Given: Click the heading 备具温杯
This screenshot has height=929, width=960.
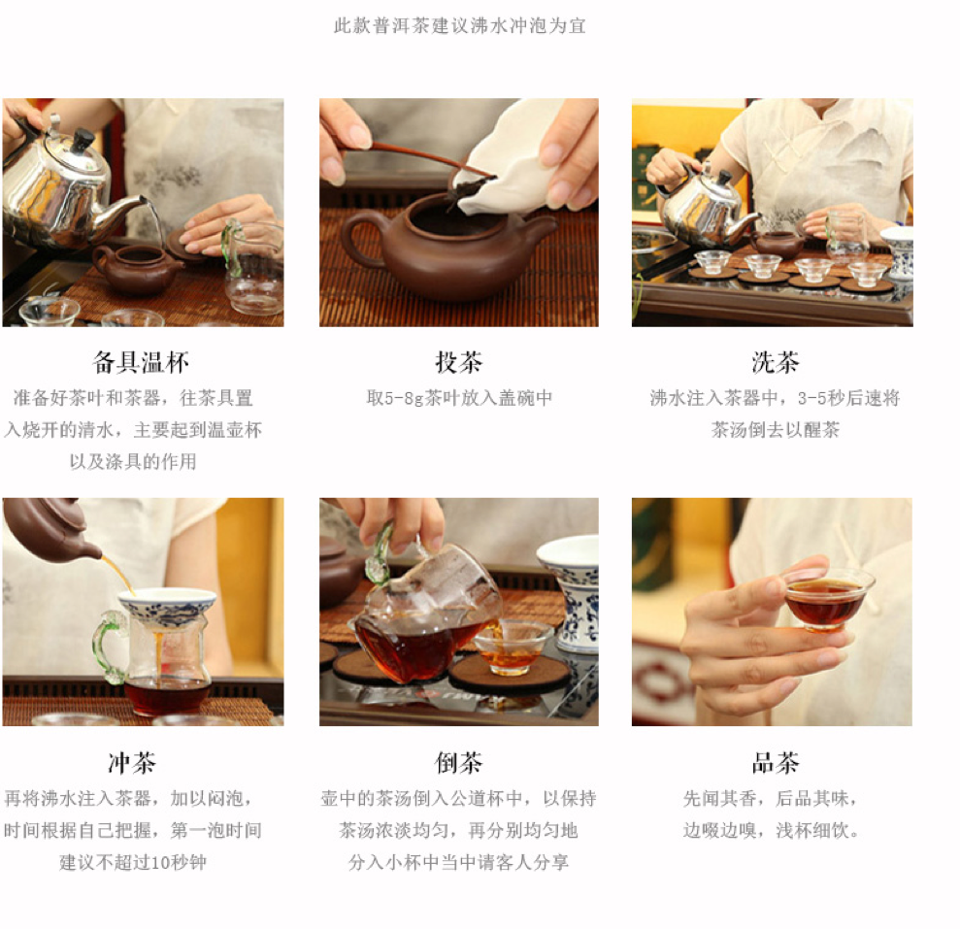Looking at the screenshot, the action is click(x=141, y=362).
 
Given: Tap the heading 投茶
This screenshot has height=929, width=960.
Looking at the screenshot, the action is click(x=458, y=362).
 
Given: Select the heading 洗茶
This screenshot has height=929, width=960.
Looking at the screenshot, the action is click(x=776, y=362).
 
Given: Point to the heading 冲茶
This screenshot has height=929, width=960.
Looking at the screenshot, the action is click(x=132, y=763).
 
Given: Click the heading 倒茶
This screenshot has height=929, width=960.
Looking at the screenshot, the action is click(x=458, y=763).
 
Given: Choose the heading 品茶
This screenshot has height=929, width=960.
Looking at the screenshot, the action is click(x=776, y=763).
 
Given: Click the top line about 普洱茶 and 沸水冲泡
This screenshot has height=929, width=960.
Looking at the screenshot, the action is click(x=460, y=25).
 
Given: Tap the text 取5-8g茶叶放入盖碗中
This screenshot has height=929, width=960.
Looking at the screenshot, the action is click(x=459, y=398).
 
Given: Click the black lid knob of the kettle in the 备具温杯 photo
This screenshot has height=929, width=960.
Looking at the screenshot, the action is click(x=82, y=140).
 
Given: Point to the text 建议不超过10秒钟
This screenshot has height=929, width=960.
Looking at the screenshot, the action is click(x=133, y=862).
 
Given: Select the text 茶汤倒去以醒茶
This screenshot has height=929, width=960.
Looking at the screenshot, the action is click(x=776, y=430).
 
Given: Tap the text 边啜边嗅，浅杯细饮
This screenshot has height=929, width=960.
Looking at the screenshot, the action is click(x=771, y=830).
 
